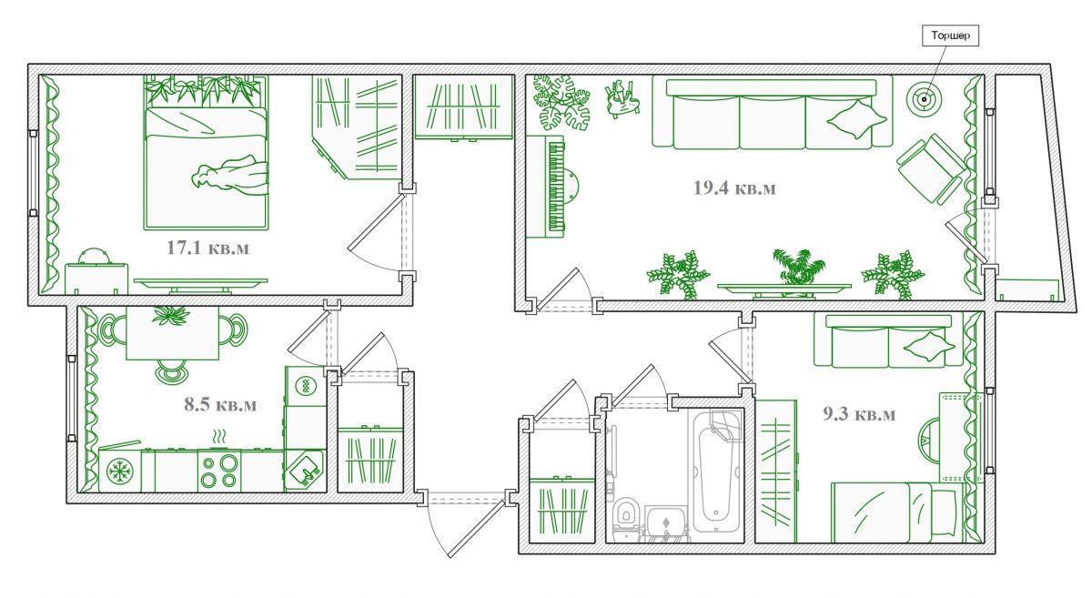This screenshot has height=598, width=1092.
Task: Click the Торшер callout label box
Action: tap(950, 35)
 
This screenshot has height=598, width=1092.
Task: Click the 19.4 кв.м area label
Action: tap(734, 188)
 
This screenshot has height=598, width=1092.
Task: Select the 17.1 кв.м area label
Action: tap(207, 248)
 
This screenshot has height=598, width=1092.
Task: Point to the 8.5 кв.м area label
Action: tap(220, 405)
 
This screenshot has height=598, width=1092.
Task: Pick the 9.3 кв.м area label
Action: tap(859, 414)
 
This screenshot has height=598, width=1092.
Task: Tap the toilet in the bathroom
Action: tap(626, 518)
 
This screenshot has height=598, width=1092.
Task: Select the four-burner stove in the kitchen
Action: tap(219, 471)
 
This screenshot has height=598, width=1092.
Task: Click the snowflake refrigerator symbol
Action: tap(120, 471)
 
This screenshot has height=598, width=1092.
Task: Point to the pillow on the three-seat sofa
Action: tap(856, 118)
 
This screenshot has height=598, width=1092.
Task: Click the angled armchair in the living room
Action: tap(930, 168)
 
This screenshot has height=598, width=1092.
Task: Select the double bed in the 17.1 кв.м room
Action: tap(207, 153)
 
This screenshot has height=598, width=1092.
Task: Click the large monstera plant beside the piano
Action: tap(561, 103)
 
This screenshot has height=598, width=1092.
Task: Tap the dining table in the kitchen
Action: tap(172, 333)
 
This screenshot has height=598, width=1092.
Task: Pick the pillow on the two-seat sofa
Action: tap(929, 346)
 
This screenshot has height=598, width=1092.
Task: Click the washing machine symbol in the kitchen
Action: tap(306, 386)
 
